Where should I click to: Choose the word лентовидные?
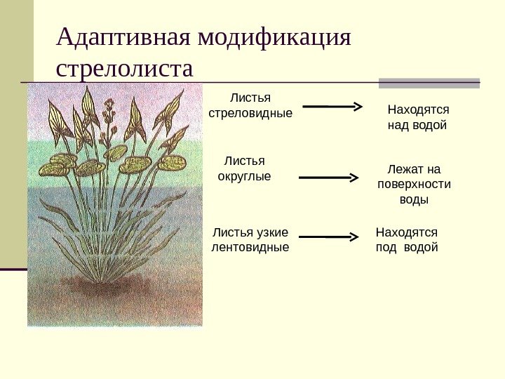click(x=250, y=247)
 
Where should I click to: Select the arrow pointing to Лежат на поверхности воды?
click(x=329, y=178)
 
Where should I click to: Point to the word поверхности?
click(x=414, y=185)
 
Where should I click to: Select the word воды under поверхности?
click(x=414, y=200)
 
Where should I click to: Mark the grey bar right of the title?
click(x=429, y=82)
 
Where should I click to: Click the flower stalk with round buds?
click(x=109, y=123)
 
